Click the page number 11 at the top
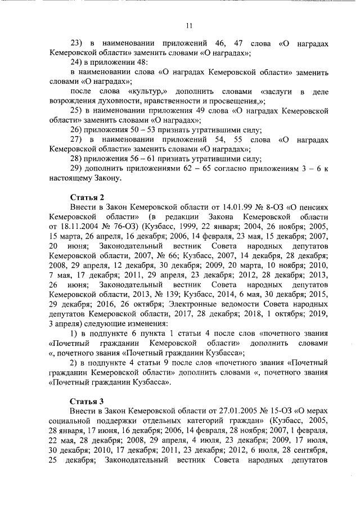coord(190,25)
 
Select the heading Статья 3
coord(87,401)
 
